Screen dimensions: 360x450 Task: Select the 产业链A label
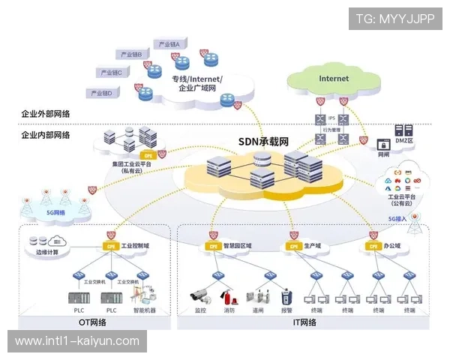(x=169, y=44)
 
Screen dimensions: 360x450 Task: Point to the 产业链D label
(x=101, y=93)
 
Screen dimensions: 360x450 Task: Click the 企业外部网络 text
(x=46, y=113)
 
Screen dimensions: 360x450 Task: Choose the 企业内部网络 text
(x=46, y=135)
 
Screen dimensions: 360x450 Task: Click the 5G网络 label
(x=55, y=212)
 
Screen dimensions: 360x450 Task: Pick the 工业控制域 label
(x=137, y=245)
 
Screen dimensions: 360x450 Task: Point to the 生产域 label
(x=312, y=245)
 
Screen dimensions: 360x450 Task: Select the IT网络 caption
(x=304, y=322)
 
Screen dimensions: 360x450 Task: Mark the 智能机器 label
(x=145, y=309)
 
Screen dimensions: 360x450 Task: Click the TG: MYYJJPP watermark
(x=395, y=18)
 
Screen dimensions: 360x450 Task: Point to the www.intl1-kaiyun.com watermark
(x=77, y=341)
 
